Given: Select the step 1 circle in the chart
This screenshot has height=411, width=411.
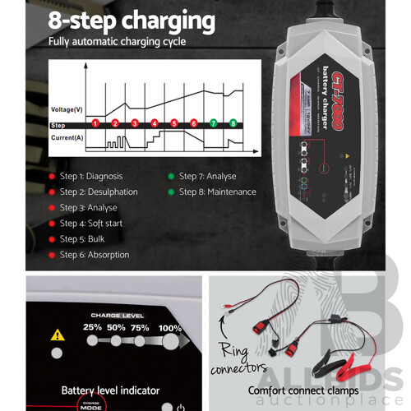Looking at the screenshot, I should pyautogui.click(x=95, y=123).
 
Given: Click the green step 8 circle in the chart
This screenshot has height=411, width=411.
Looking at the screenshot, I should pyautogui.click(x=233, y=123).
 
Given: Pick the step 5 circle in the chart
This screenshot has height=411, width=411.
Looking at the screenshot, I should pyautogui.click(x=174, y=123).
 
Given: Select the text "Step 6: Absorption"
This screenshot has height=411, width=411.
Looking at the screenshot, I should pyautogui.click(x=94, y=255).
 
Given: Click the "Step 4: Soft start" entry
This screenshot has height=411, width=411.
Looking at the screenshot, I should pyautogui.click(x=92, y=224).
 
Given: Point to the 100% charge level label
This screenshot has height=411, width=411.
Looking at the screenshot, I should pyautogui.click(x=171, y=327).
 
